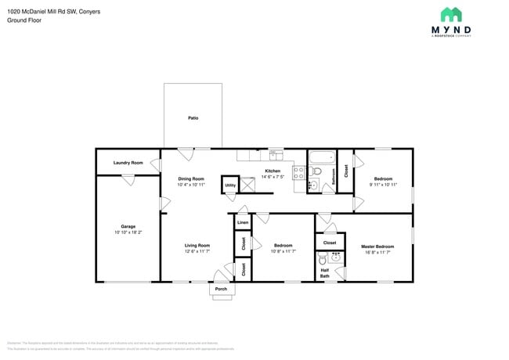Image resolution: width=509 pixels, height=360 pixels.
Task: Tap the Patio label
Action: pyautogui.click(x=193, y=118)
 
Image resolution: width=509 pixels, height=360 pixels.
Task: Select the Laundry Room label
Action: pyautogui.click(x=128, y=162)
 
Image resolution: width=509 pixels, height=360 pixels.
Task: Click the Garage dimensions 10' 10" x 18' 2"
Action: pyautogui.click(x=128, y=232)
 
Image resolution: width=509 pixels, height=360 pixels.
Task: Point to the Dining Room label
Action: pyautogui.click(x=191, y=178)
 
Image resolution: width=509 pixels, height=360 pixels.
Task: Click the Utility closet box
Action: pyautogui.click(x=230, y=185)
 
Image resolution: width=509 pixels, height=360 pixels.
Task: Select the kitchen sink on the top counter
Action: pyautogui.click(x=276, y=154)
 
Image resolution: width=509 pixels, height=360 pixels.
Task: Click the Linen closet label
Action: pyautogui.click(x=243, y=223)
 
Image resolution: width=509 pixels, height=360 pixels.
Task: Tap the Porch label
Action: pyautogui.click(x=221, y=290)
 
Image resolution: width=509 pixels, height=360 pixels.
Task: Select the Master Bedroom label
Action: pyautogui.click(x=377, y=246)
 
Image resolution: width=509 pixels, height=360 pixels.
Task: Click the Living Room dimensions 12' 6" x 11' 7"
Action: pyautogui.click(x=197, y=251)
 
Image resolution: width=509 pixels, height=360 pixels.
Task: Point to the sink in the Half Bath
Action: pyautogui.click(x=337, y=256)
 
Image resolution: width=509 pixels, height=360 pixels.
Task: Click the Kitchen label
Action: pyautogui.click(x=272, y=171)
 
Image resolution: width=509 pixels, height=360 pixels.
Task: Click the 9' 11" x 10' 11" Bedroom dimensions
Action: pyautogui.click(x=383, y=184)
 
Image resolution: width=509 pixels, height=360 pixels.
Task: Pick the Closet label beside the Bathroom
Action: pyautogui.click(x=346, y=171)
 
